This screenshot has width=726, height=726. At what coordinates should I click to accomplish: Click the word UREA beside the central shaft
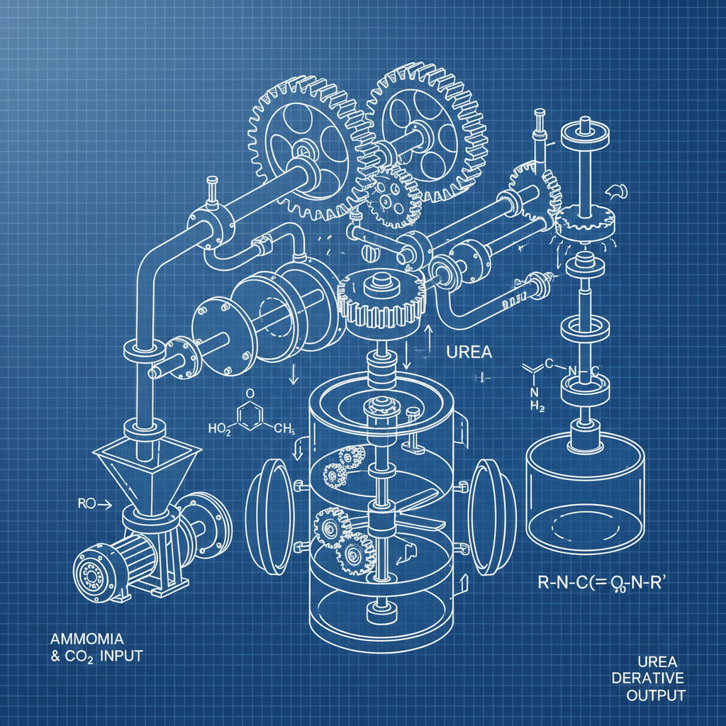click(x=469, y=352)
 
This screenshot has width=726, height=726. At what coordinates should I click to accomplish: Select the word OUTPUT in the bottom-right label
click(x=656, y=696)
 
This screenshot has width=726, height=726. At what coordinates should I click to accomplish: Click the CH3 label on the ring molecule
click(x=284, y=428)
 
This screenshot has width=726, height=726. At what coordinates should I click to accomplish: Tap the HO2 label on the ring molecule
click(x=220, y=428)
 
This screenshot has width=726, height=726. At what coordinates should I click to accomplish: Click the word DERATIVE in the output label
click(x=649, y=678)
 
